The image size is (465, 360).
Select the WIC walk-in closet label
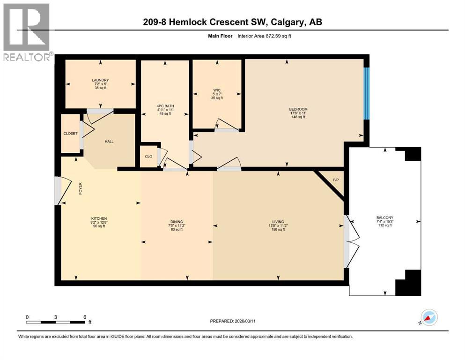point(217,90)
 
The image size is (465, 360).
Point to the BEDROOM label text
point(298,110)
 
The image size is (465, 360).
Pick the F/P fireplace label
point(335,180)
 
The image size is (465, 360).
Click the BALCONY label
point(385,217)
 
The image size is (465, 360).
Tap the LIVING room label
point(278,221)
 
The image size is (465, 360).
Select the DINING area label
point(177,221)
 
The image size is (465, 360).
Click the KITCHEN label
point(99,218)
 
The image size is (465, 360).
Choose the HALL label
point(109,142)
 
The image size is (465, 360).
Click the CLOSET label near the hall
point(71,134)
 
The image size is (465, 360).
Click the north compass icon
point(429,317)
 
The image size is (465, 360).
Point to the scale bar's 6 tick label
point(85,317)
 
